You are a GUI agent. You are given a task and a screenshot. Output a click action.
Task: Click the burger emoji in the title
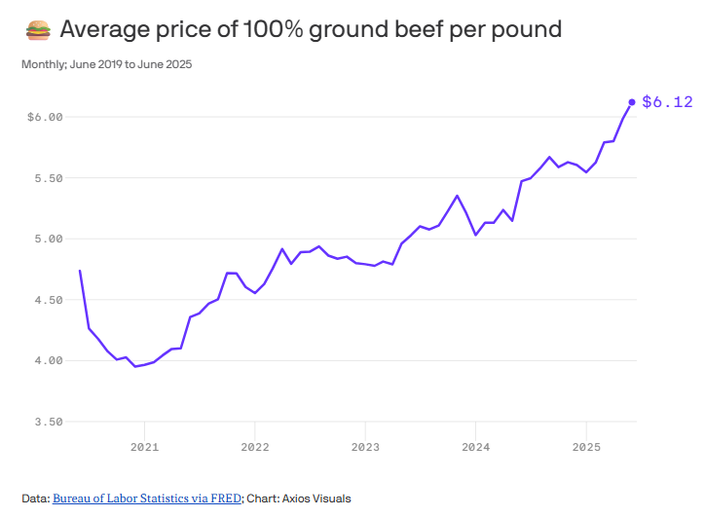(37, 30)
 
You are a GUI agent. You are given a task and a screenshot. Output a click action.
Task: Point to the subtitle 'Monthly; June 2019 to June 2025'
(107, 65)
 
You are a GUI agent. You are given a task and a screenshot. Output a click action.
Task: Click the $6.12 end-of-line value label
(667, 101)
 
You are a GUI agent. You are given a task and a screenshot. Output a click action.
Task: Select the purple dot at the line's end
(632, 101)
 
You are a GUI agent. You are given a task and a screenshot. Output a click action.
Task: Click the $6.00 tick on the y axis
(45, 117)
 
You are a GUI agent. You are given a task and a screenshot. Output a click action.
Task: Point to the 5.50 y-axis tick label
(48, 178)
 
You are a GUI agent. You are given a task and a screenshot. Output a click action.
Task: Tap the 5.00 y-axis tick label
(48, 239)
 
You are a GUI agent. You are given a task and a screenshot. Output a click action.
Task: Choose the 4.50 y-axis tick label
(48, 300)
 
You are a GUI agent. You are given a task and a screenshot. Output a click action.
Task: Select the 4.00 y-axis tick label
(48, 360)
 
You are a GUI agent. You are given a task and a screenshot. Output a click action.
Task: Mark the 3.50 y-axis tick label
(48, 422)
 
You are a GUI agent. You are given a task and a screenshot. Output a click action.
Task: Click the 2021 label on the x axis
(144, 447)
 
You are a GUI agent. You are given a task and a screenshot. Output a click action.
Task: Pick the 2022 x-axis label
(254, 447)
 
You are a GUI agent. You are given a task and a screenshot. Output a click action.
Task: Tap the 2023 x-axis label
(365, 447)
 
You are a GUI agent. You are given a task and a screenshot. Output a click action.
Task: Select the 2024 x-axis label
(475, 447)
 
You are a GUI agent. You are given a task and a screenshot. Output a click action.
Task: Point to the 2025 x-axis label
(585, 447)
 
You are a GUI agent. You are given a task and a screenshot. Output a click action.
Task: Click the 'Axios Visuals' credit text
(317, 499)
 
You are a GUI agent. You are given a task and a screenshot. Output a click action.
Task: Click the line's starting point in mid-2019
(80, 270)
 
